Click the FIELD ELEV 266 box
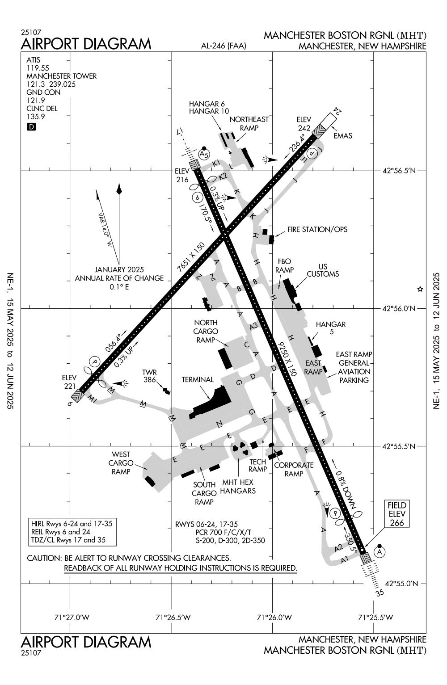pyautogui.click(x=396, y=514)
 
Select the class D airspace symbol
pyautogui.click(x=31, y=126)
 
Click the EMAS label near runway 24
pyautogui.click(x=343, y=136)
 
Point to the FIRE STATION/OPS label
pyautogui.click(x=317, y=230)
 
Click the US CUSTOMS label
pyautogui.click(x=322, y=270)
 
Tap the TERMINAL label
pyautogui.click(x=198, y=380)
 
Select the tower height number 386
pyautogui.click(x=149, y=380)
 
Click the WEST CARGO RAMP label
pyautogui.click(x=121, y=463)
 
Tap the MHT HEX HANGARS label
pyautogui.click(x=238, y=487)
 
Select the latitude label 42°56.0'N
pyautogui.click(x=400, y=308)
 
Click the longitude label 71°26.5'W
pyautogui.click(x=173, y=618)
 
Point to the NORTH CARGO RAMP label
pyautogui.click(x=206, y=331)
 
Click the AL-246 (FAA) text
pyautogui.click(x=223, y=46)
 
